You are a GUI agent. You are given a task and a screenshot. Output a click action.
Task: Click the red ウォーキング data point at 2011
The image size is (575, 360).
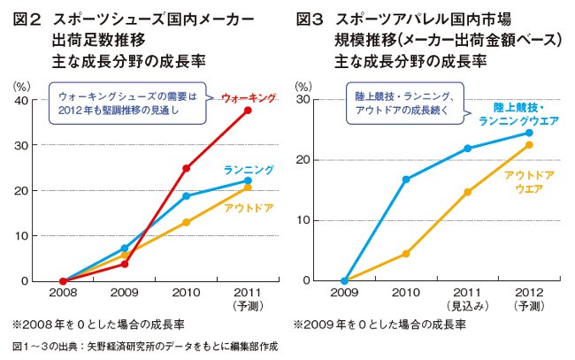[248, 111]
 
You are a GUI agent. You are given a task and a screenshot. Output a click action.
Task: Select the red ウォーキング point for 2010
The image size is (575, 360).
[187, 168]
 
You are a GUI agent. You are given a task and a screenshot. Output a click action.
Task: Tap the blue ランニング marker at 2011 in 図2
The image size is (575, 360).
[248, 180]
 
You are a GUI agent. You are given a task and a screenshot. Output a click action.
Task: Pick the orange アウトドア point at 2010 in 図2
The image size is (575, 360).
[187, 223]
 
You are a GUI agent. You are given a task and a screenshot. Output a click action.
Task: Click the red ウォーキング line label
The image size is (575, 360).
[248, 96]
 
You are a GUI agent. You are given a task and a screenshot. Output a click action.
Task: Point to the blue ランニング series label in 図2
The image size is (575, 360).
[248, 169]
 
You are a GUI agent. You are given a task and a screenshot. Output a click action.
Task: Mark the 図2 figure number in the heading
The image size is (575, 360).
[27, 18]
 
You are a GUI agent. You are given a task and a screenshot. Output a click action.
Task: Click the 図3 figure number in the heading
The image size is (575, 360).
[309, 18]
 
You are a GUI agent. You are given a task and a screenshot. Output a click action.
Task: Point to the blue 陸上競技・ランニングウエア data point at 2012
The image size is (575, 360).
[528, 133]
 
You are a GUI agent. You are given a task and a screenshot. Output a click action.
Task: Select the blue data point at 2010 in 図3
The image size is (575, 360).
[405, 180]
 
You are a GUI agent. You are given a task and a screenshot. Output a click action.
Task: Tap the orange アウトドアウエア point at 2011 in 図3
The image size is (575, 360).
[467, 192]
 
